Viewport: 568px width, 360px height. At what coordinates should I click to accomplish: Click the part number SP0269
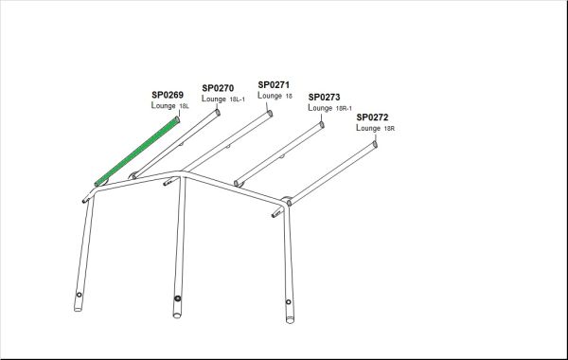(168, 95)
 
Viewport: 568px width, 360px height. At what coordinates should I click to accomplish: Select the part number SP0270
(218, 88)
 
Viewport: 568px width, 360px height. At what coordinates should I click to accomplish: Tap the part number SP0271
(274, 85)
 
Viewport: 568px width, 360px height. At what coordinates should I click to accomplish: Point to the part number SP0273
(324, 98)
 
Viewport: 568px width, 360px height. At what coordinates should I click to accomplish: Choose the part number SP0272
(372, 117)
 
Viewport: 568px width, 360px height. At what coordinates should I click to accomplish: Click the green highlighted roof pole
(137, 152)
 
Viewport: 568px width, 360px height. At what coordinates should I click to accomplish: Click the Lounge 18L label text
(169, 105)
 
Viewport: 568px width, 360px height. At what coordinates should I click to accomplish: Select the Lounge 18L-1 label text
(223, 99)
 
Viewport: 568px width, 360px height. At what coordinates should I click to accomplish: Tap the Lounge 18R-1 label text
(329, 108)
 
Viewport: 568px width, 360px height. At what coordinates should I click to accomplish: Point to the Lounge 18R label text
(375, 128)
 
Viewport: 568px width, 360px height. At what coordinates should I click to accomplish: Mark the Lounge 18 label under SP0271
(275, 96)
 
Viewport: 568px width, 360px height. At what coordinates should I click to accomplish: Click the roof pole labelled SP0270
(176, 144)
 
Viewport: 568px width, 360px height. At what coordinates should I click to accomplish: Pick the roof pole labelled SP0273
(279, 154)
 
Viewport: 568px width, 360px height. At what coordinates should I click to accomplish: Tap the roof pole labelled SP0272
(332, 173)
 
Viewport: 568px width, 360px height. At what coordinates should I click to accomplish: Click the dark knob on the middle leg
(178, 298)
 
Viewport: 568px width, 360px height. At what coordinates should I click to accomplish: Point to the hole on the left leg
(79, 295)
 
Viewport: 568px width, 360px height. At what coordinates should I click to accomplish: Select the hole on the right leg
(289, 301)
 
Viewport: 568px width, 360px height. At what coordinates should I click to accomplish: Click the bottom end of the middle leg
(177, 315)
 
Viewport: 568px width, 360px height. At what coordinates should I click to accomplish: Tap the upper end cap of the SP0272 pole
(375, 144)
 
